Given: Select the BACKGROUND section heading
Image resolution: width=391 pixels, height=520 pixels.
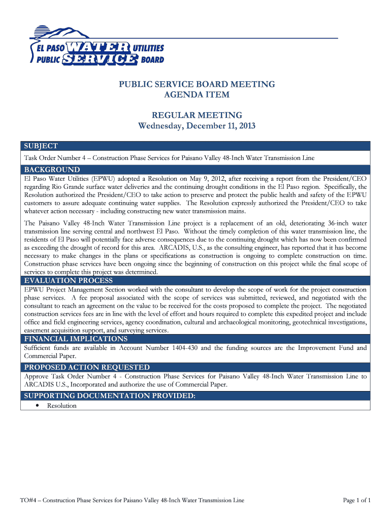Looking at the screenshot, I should point(52,169).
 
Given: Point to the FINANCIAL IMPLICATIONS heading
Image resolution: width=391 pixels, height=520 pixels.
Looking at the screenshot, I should point(76,339).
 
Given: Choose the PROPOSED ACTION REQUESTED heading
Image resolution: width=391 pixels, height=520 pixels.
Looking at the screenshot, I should point(87,367).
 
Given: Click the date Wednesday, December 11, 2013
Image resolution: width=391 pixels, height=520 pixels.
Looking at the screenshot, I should point(197,125).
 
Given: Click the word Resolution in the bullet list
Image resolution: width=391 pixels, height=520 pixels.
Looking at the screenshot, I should point(62,406).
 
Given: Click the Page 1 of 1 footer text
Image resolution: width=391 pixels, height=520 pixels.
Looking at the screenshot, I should point(357,500).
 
